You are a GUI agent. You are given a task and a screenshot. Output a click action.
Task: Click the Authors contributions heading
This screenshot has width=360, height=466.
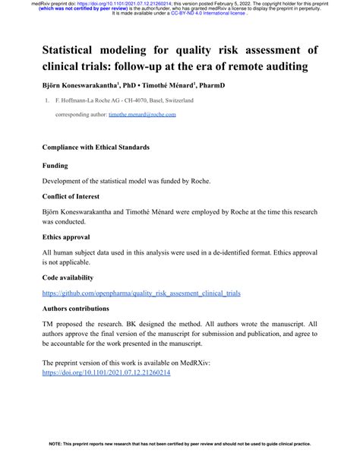point(81,309)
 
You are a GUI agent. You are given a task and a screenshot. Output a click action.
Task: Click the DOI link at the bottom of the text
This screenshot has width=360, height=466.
point(106,373)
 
